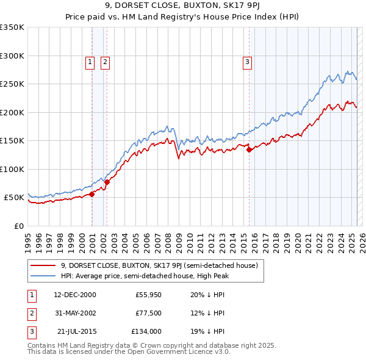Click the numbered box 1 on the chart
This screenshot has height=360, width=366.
click(90, 61)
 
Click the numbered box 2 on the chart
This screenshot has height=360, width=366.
click(105, 61)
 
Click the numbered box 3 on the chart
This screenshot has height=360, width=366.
click(248, 61)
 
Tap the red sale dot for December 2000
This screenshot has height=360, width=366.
click(92, 194)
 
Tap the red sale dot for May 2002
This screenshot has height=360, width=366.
click(107, 182)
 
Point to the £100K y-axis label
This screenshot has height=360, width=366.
click(12, 169)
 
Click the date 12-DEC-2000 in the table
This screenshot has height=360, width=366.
click(75, 294)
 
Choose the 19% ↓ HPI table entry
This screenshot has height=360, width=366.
click(207, 332)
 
